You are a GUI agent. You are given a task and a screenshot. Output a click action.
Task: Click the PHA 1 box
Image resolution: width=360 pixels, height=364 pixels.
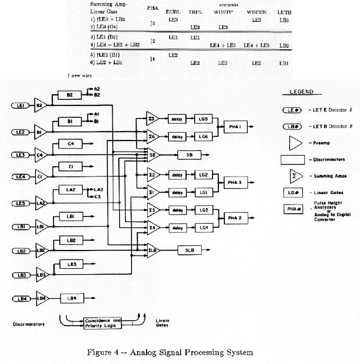coord(237,127)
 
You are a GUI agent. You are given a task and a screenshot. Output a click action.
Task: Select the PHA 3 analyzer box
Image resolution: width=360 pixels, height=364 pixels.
coord(234,183)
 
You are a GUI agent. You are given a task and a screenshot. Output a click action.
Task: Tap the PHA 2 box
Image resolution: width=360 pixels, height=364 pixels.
coord(234,218)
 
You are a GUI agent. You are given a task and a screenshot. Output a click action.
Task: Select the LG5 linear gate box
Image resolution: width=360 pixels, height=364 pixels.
coord(203,119)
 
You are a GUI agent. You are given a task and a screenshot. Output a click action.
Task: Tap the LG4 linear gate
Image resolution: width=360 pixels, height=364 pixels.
coord(203,228)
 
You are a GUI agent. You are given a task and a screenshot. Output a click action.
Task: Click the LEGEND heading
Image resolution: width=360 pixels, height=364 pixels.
coord(301,92)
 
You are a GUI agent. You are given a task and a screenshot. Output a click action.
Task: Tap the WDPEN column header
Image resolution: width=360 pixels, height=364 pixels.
coord(257,12)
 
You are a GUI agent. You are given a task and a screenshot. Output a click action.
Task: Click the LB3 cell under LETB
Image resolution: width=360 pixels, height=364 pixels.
coord(284,20)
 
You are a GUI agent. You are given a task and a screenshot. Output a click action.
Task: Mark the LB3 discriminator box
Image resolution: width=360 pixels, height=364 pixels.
coord(71,265)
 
